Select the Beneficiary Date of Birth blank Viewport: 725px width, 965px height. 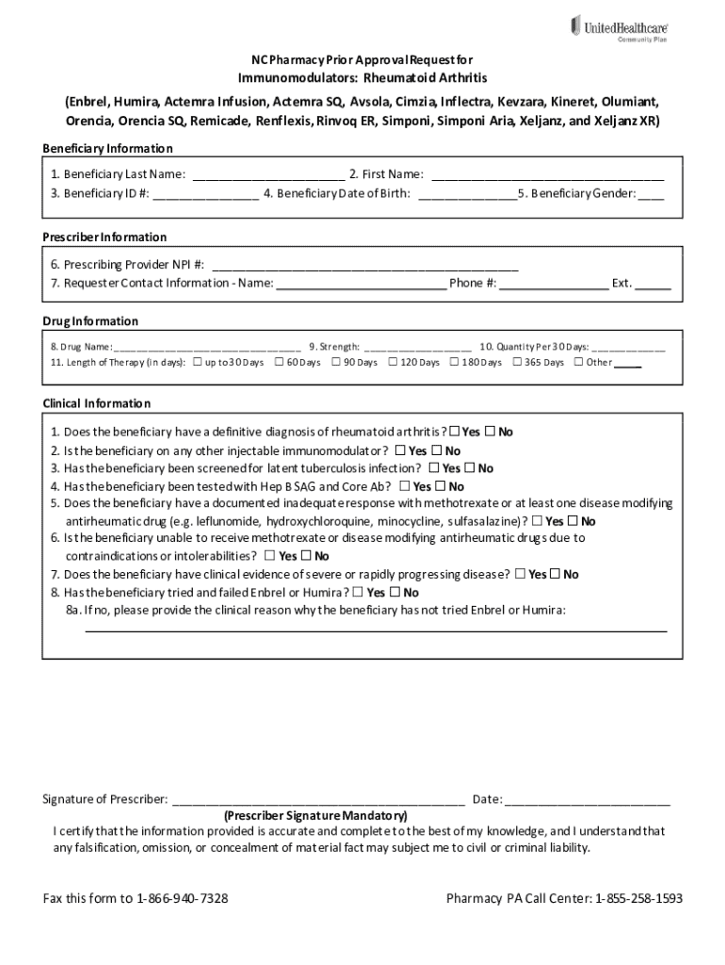coord(466,193)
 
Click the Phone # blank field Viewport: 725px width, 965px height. coord(555,283)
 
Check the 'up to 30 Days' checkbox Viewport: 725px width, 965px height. coord(197,362)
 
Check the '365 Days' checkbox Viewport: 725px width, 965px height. coord(517,362)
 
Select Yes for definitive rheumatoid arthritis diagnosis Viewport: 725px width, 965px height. coord(456,432)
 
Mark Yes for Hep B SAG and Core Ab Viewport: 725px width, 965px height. coord(405,486)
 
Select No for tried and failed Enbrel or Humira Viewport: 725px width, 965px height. coord(395,593)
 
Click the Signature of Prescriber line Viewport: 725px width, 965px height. coord(318,800)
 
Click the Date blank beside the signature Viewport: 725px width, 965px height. coord(588,800)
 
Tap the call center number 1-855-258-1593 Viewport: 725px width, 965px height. coord(638,898)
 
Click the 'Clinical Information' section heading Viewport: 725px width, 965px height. coord(96,403)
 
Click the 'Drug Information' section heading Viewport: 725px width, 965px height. coord(90,321)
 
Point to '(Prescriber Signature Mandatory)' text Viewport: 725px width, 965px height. coord(315,815)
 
